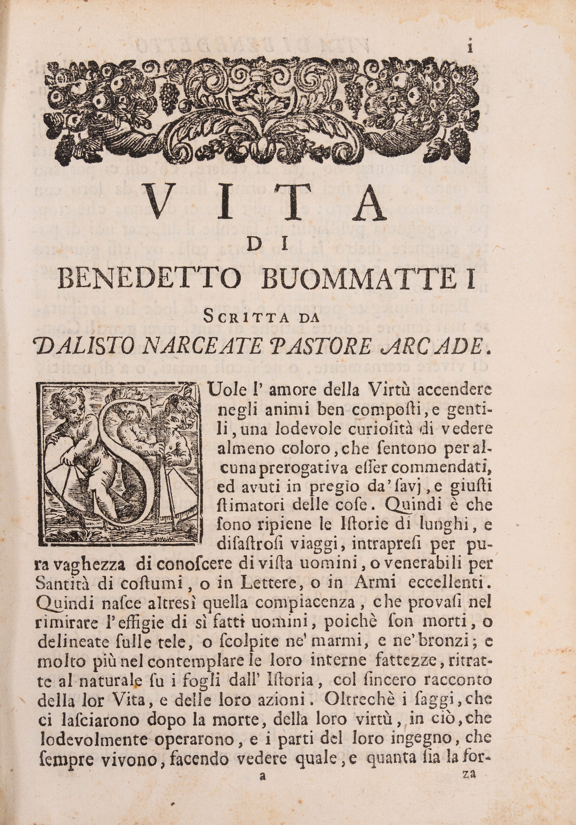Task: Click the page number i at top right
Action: pos(470,48)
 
